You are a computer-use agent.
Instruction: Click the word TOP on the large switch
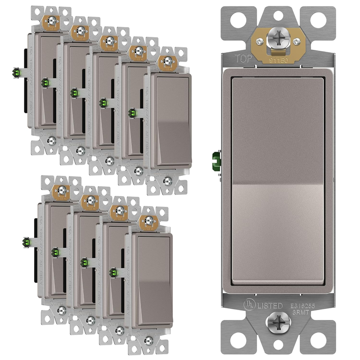[242, 58]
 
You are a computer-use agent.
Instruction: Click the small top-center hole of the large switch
[276, 14]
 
